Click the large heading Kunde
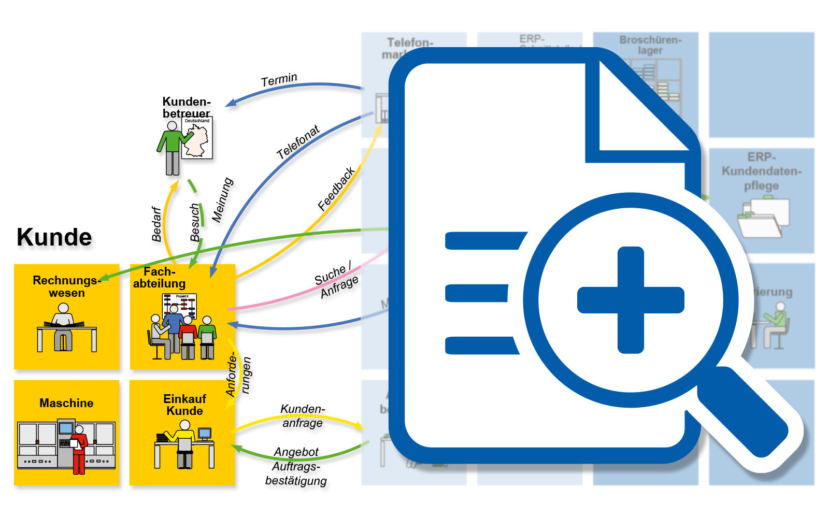[x=54, y=237]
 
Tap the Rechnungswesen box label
[x=66, y=286]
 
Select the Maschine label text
[x=66, y=403]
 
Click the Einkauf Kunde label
[x=184, y=405]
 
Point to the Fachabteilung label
[x=159, y=278]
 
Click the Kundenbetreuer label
[x=186, y=107]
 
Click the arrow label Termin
[x=279, y=80]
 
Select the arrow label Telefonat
[x=298, y=142]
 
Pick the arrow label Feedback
[x=336, y=189]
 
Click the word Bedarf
[x=156, y=224]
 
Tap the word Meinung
[x=222, y=200]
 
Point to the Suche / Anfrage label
[x=336, y=280]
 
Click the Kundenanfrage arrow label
[x=303, y=416]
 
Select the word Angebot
[x=296, y=452]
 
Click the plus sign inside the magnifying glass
[x=631, y=300]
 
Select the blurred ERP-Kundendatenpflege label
[x=761, y=171]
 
